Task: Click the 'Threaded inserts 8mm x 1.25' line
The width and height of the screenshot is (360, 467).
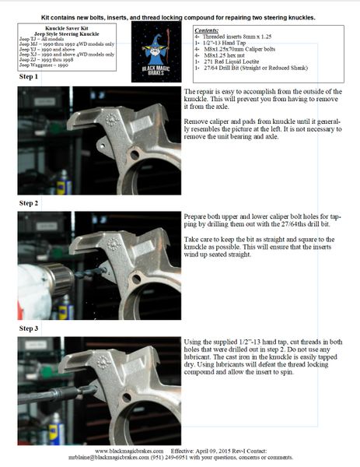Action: (x=234, y=35)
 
